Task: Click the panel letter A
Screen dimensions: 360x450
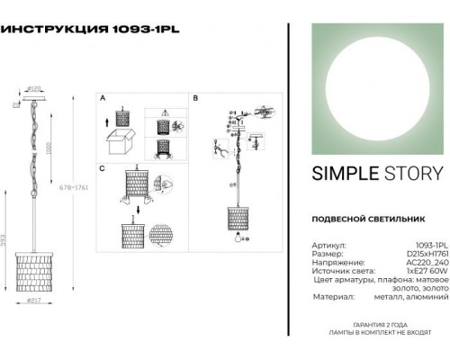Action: (103, 96)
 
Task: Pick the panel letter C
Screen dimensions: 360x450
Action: (103, 168)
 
